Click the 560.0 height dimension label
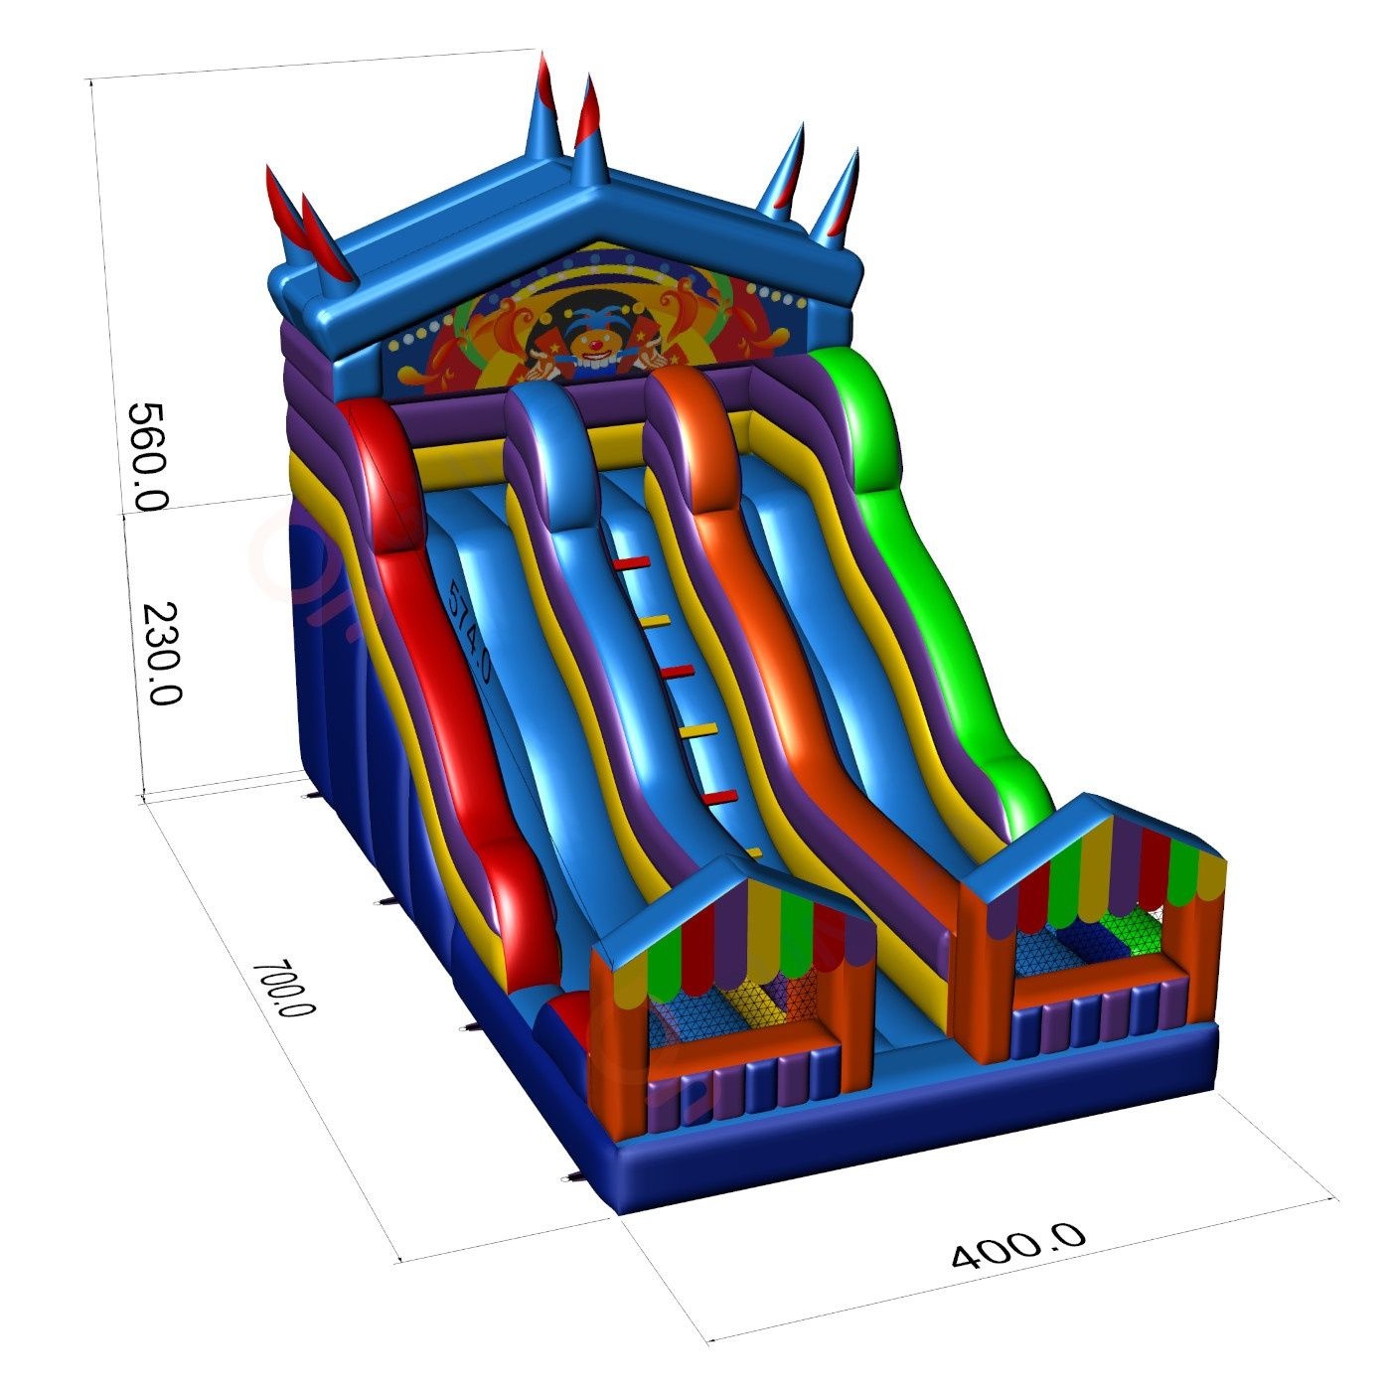click(147, 457)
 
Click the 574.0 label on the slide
click(469, 629)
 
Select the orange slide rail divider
click(794, 650)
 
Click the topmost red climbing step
click(632, 562)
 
